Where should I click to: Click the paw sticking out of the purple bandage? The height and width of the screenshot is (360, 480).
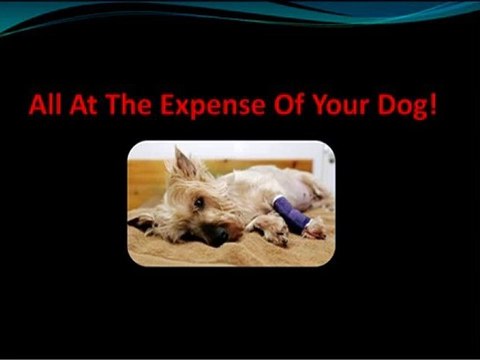(x=314, y=229)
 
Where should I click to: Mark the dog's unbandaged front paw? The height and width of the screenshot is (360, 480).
(x=271, y=238)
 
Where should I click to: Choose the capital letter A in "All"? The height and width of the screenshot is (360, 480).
(x=36, y=105)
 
